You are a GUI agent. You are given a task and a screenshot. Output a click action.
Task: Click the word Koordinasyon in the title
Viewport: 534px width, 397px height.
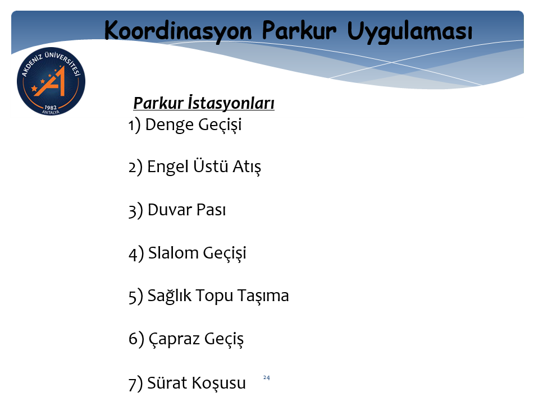(178, 31)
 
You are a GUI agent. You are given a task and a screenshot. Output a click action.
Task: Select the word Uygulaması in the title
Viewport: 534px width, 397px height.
(410, 32)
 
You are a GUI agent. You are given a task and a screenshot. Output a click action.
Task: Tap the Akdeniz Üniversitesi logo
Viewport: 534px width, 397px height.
(51, 81)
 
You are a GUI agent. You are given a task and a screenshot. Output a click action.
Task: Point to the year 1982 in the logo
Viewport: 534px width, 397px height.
(51, 107)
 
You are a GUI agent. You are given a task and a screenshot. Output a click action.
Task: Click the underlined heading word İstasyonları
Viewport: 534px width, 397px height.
(231, 103)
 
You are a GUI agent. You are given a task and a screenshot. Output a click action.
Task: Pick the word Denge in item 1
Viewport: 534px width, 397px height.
(169, 125)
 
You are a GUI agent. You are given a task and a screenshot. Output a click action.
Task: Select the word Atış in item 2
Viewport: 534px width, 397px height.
(247, 167)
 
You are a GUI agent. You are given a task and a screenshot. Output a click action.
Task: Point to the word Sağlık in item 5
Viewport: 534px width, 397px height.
(170, 296)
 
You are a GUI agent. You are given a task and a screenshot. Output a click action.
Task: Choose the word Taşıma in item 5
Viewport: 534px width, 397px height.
(263, 296)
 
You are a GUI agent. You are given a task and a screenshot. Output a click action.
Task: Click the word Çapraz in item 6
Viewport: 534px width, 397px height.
(174, 339)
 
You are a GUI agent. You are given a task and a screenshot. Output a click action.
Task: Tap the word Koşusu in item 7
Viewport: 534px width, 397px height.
(218, 384)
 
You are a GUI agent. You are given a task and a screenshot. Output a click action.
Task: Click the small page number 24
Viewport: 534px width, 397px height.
(267, 377)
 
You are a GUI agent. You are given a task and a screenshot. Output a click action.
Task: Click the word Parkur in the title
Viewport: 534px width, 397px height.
(299, 31)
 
